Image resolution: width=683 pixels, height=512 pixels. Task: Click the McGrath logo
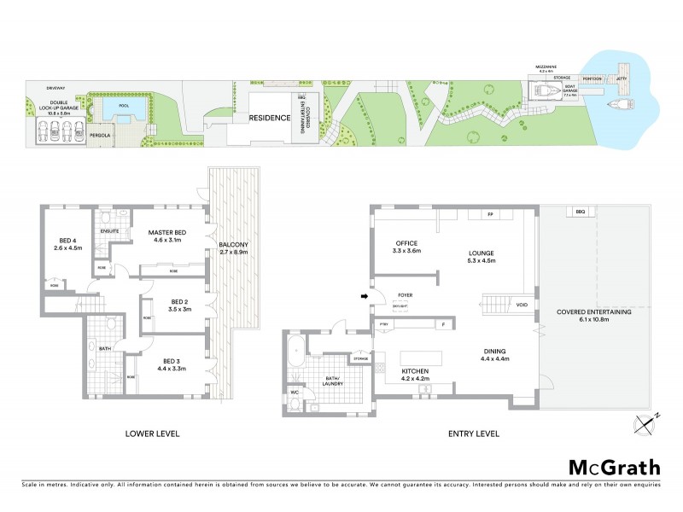pyautogui.click(x=614, y=467)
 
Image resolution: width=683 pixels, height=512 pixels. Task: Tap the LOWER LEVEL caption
pyautogui.click(x=152, y=433)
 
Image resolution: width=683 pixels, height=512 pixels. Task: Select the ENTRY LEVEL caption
pyautogui.click(x=474, y=433)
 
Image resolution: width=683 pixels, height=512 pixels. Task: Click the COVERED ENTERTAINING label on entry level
pyautogui.click(x=594, y=317)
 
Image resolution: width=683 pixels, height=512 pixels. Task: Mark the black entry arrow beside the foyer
pyautogui.click(x=366, y=297)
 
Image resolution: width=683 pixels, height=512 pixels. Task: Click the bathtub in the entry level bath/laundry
pyautogui.click(x=295, y=351)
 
